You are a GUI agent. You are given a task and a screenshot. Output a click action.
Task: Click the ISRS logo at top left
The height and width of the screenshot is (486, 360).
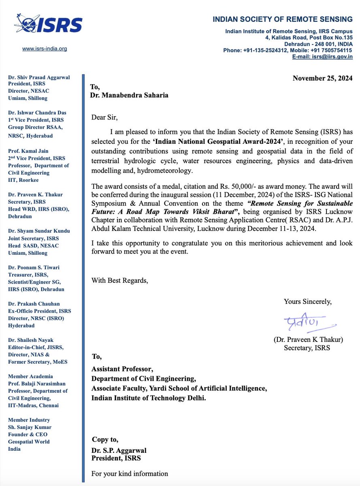point(49,24)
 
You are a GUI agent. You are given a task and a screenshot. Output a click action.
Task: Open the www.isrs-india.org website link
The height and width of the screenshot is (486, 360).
point(45,49)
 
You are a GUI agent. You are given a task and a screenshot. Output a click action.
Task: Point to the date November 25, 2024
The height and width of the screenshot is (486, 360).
point(322,78)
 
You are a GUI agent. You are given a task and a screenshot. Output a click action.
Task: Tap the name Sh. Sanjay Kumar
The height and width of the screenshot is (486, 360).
point(30,427)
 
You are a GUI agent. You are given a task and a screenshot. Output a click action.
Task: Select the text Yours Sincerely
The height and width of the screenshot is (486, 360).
point(308,301)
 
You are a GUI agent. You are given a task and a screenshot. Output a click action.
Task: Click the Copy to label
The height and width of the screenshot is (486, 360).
point(105,439)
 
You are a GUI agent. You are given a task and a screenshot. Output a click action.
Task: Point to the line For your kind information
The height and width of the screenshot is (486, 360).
point(130,473)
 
